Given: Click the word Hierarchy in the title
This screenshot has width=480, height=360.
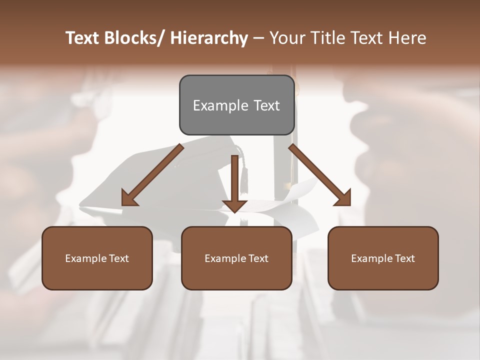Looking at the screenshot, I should [x=209, y=38].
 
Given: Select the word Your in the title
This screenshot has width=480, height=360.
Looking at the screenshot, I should [x=286, y=38].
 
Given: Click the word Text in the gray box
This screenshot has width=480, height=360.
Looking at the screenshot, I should [x=266, y=105].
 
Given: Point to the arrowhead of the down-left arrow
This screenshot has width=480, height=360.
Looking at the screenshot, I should [x=129, y=198].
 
